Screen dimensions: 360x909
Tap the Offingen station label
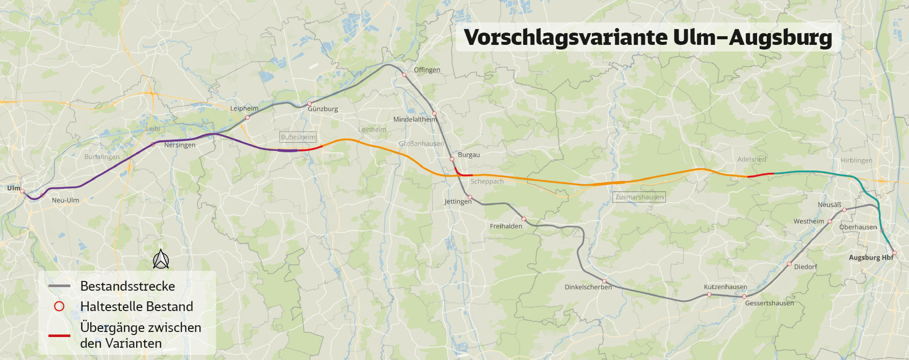point(427,70)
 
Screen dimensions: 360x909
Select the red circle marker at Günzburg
point(309,104)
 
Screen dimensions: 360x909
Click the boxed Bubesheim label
point(298,137)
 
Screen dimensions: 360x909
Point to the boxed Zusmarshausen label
point(639,197)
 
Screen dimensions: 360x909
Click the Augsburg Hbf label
point(871,258)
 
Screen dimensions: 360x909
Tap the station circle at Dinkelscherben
point(604,281)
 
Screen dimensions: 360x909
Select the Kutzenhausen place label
point(725,287)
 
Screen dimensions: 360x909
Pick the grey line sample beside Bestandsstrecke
point(59,286)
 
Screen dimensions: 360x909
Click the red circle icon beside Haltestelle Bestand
point(59,306)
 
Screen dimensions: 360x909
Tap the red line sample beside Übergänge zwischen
point(59,336)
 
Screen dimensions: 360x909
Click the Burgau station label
point(469,155)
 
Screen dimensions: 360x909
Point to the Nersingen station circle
point(153,144)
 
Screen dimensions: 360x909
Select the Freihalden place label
point(506,226)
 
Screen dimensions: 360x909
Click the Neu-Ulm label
point(65,200)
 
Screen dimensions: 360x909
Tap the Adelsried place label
point(751,159)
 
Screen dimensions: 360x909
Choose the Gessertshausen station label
point(769,303)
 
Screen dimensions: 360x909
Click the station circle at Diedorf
point(789,264)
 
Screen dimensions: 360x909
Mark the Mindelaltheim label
point(414,119)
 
